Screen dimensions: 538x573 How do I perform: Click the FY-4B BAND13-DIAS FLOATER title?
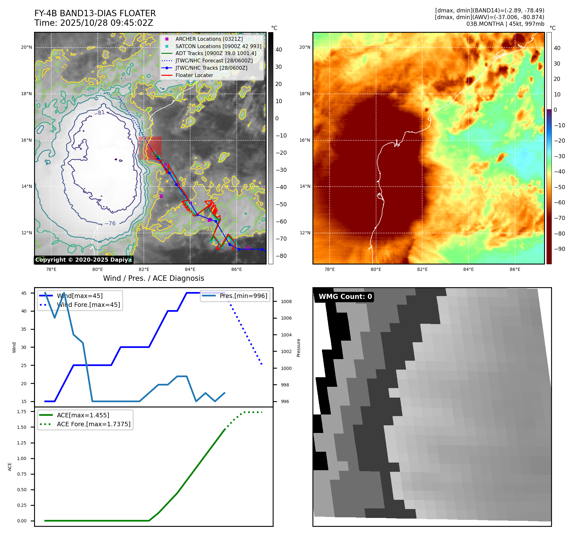click(95, 13)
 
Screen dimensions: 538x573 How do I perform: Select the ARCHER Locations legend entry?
click(209, 39)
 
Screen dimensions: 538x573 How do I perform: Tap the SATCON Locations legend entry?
click(218, 46)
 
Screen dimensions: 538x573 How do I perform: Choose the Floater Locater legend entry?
click(194, 75)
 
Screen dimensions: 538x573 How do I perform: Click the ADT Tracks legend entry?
click(216, 53)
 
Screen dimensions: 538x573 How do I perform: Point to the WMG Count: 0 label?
click(345, 297)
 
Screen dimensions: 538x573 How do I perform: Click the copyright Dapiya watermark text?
click(83, 260)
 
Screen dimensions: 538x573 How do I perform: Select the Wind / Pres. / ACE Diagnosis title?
click(153, 278)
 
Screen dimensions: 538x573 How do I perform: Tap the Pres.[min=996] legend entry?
click(243, 296)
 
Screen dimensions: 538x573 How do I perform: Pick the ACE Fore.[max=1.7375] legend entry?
click(94, 424)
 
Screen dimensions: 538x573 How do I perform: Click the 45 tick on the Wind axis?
click(24, 293)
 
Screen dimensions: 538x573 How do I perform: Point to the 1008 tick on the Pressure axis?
click(286, 301)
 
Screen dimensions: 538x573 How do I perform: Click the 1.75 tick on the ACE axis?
click(22, 412)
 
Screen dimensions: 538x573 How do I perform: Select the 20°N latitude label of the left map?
click(26, 47)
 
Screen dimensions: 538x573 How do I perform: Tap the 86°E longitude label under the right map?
click(515, 269)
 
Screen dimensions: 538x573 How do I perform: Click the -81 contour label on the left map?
click(100, 113)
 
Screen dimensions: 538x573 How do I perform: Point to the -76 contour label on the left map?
click(110, 223)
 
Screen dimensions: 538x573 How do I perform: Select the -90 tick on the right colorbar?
click(559, 249)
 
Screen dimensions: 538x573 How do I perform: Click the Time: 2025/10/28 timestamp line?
click(94, 23)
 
